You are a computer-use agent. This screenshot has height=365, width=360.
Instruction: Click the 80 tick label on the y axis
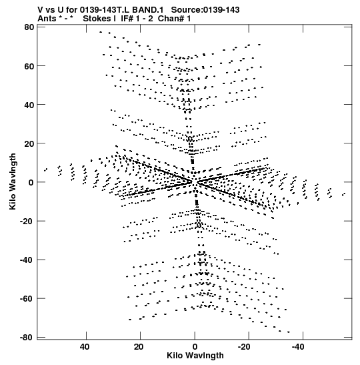29,27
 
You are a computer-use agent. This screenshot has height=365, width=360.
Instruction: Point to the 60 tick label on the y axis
29,66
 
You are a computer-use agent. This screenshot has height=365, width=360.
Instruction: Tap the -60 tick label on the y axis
27,299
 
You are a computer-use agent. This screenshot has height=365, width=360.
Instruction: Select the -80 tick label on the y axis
27,337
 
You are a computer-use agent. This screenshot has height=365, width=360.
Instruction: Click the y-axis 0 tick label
31,183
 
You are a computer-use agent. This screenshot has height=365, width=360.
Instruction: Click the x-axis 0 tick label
195,347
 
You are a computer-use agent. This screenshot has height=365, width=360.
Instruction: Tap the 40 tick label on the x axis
85,347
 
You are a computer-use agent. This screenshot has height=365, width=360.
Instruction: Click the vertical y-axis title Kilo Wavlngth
13,181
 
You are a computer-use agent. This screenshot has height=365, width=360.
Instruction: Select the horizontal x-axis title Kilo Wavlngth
195,356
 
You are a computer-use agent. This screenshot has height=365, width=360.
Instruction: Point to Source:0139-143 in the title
205,10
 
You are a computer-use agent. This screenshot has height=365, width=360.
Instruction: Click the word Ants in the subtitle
47,19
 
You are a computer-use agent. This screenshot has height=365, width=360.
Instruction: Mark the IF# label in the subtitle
127,19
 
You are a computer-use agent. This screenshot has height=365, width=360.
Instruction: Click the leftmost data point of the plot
45,171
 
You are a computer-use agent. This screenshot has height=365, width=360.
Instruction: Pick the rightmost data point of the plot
345,194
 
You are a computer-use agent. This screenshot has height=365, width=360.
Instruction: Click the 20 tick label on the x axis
139,347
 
